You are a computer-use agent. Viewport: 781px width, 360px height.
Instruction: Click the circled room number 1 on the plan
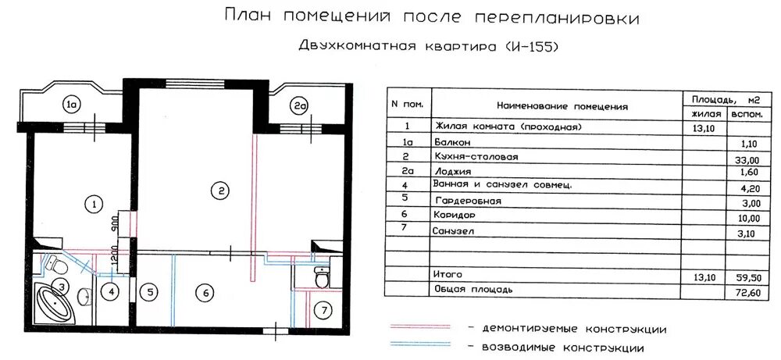93,205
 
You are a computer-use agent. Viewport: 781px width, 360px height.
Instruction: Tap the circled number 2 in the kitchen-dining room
222,190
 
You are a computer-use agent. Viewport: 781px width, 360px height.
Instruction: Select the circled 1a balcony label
73,105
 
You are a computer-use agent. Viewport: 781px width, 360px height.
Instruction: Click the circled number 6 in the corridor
205,294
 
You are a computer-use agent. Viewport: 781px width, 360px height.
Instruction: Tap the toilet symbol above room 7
320,276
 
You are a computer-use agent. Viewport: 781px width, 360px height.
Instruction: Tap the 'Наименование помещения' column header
562,106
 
